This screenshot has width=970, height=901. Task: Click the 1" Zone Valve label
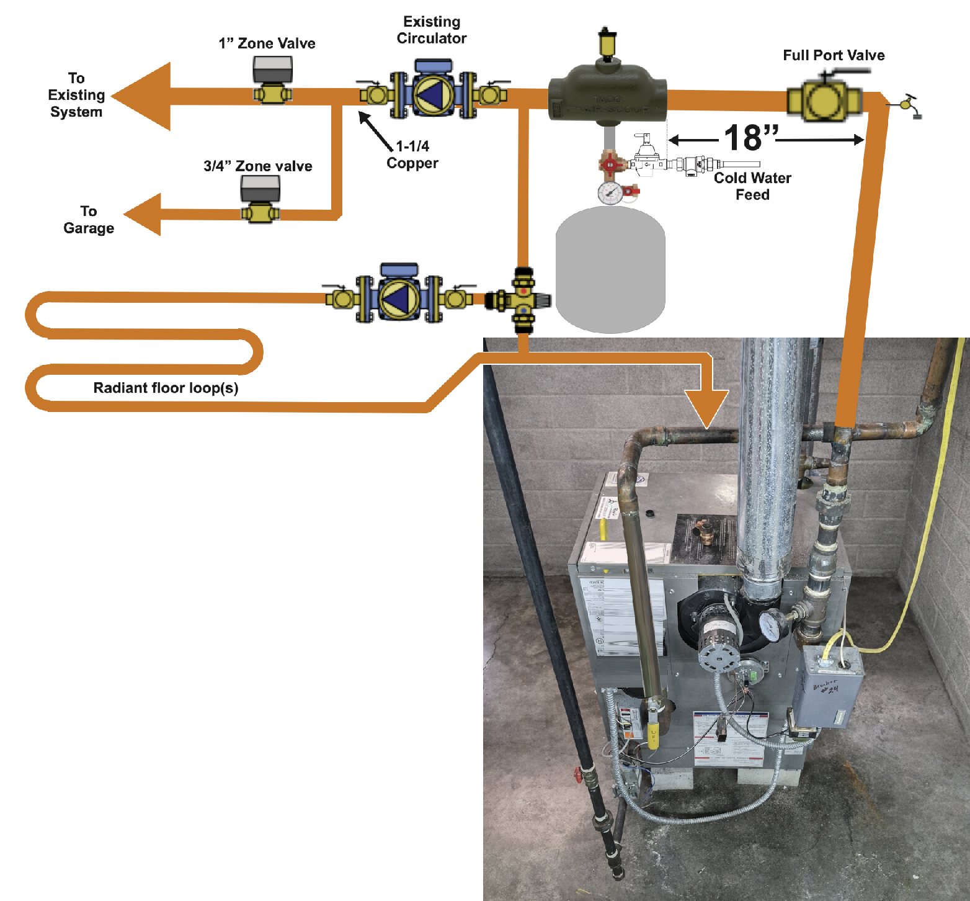pyautogui.click(x=267, y=43)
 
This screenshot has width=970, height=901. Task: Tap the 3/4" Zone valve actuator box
pyautogui.click(x=260, y=188)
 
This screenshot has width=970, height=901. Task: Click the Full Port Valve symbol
pyautogui.click(x=824, y=100)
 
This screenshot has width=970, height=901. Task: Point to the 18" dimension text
pyautogui.click(x=750, y=138)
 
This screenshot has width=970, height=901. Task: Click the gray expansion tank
pyautogui.click(x=610, y=270)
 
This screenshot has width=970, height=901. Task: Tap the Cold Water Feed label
pyautogui.click(x=752, y=186)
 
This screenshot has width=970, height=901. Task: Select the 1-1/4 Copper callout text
pyautogui.click(x=412, y=155)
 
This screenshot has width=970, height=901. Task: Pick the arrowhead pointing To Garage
pyautogui.click(x=145, y=215)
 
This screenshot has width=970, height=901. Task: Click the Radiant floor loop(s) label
pyautogui.click(x=166, y=388)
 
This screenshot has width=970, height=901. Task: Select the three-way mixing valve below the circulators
pyautogui.click(x=523, y=300)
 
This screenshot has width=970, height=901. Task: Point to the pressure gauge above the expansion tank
pyautogui.click(x=610, y=193)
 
